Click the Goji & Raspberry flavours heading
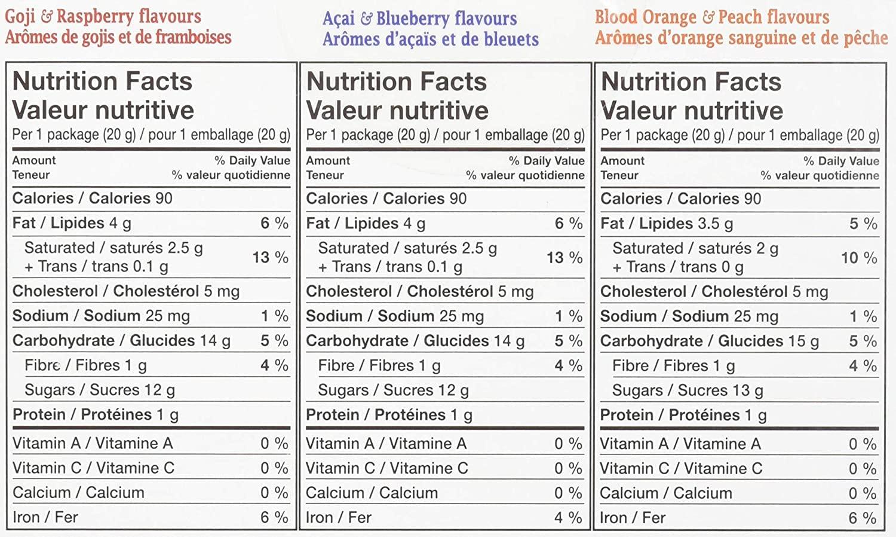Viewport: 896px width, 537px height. (x=103, y=16)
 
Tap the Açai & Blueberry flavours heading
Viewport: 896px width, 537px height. (x=419, y=19)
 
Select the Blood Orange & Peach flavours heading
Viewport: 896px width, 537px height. (x=711, y=17)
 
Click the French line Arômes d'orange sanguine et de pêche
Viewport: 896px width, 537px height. (x=741, y=38)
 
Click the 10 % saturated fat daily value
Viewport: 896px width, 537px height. (x=858, y=258)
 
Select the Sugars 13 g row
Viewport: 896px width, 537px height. (x=687, y=390)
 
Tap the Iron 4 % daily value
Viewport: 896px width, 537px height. (x=567, y=517)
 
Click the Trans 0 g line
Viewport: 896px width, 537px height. (x=677, y=267)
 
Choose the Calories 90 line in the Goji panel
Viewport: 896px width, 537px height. (x=92, y=198)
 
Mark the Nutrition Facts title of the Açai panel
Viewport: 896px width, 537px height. (x=396, y=81)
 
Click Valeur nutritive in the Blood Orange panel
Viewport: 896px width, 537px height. (x=692, y=111)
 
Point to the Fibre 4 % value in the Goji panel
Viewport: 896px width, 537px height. (x=274, y=365)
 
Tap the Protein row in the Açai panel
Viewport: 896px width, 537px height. (x=388, y=414)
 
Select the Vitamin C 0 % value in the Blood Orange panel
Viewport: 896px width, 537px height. (x=862, y=468)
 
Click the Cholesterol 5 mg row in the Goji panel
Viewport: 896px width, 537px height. (x=125, y=291)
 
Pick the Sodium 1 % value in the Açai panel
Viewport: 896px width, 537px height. (x=567, y=316)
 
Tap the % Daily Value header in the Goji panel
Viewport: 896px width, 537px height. (x=252, y=160)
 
